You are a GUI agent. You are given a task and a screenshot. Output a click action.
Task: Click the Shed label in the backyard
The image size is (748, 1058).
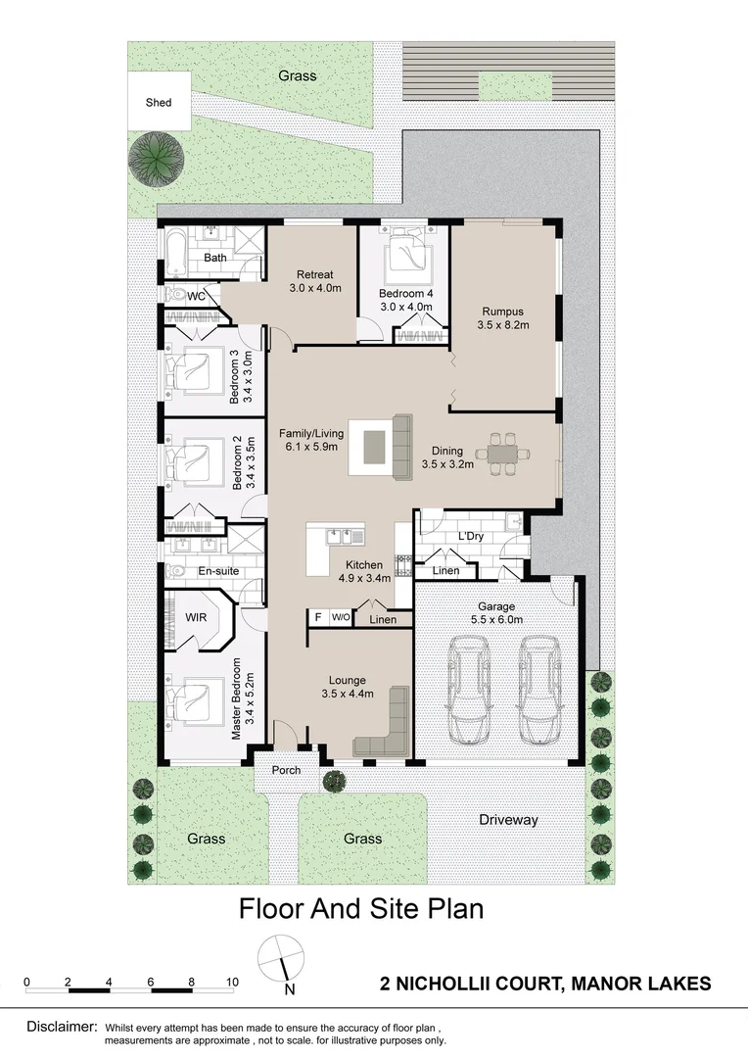coord(158,102)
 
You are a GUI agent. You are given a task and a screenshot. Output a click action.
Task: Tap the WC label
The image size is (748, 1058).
coord(195,296)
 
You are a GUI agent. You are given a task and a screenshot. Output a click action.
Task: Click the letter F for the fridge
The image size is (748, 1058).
coord(317,617)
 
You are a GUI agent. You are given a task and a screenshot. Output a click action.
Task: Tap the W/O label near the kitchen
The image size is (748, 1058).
coord(340,617)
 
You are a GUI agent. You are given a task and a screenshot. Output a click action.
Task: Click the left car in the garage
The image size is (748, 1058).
coord(469,693)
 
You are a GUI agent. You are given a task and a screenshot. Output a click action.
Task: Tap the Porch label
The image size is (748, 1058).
coord(285,770)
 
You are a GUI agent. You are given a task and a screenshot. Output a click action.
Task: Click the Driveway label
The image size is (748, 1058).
coord(508,820)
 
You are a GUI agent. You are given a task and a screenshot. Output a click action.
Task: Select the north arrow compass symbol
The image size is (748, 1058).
coord(281,958)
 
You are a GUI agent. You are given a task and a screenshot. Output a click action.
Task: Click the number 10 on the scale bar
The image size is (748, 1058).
coord(232,981)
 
